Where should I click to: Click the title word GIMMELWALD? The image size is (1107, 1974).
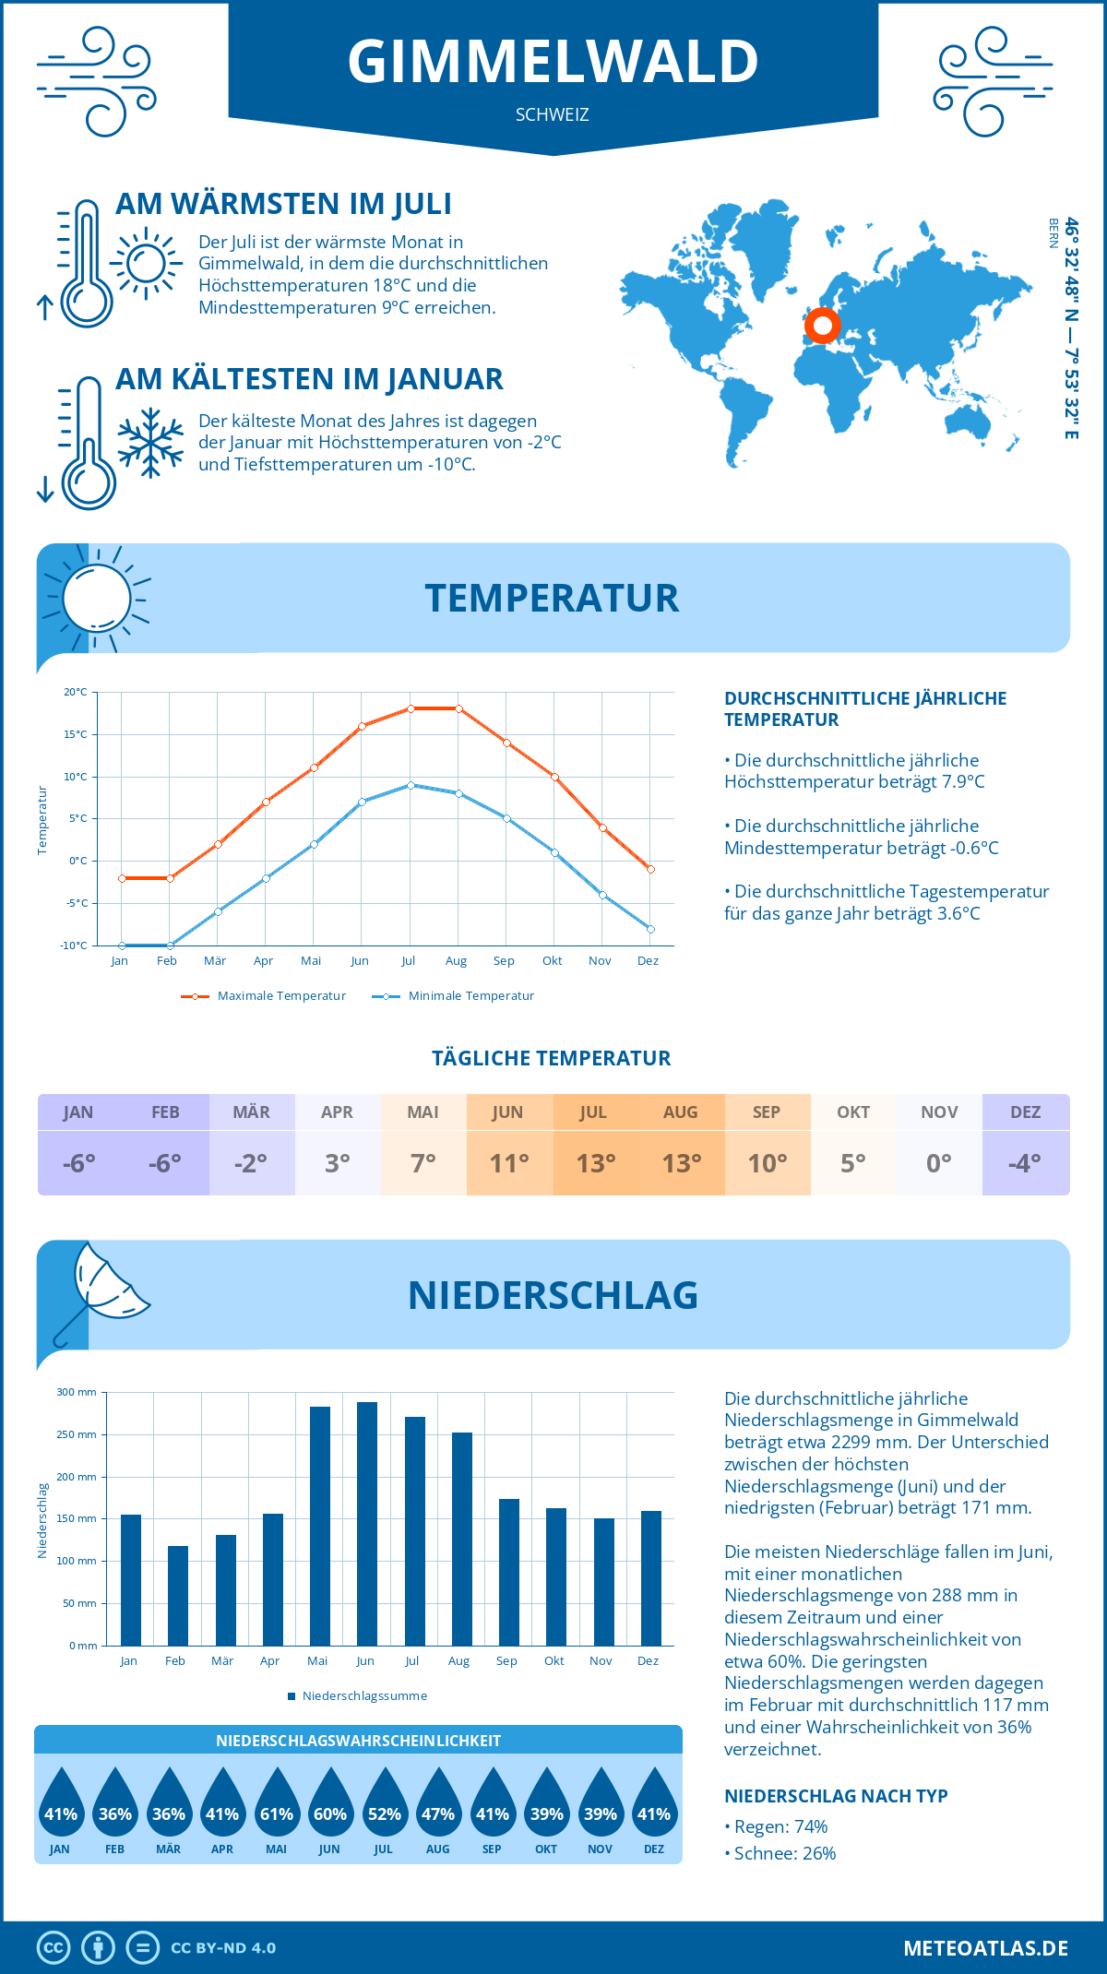point(553,61)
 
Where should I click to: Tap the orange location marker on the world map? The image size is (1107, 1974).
point(822,325)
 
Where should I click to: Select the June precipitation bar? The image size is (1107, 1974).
point(367,1523)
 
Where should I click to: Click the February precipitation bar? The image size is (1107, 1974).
point(178,1595)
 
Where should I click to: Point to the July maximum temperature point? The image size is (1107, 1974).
point(411,708)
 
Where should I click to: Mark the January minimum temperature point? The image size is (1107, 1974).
point(122,945)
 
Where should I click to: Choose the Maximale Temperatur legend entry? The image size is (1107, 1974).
point(264,996)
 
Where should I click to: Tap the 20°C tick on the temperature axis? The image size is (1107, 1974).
point(76,692)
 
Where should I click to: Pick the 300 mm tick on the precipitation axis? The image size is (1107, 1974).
point(77,1392)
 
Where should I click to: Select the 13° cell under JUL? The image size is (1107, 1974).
point(595,1163)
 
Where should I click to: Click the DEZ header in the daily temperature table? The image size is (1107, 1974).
point(1025,1112)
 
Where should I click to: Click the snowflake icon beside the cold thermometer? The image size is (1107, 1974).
point(150,443)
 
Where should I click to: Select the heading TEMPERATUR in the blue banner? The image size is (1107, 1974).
point(552,598)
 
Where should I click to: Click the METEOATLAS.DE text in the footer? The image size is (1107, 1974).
point(985,1948)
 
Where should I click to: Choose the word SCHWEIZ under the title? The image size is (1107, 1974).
point(552,115)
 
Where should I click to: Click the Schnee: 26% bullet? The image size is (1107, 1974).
point(783,1853)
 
